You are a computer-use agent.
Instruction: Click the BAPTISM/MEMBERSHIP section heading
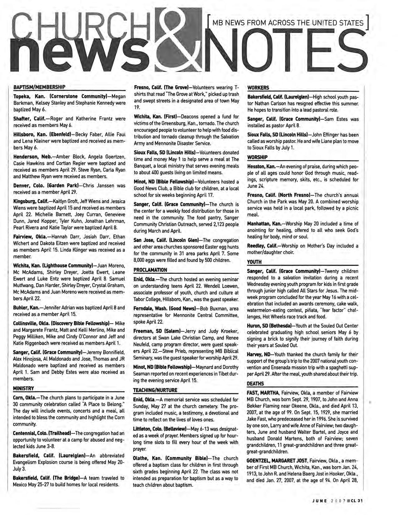coord(39,87)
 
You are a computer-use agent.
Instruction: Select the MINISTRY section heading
coord(24,388)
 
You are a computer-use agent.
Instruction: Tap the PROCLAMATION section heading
coord(150,270)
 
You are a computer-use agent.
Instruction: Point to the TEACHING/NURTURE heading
coord(155,390)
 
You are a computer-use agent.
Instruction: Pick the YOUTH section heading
coord(254,262)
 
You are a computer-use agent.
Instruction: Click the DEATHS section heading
coord(255,383)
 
